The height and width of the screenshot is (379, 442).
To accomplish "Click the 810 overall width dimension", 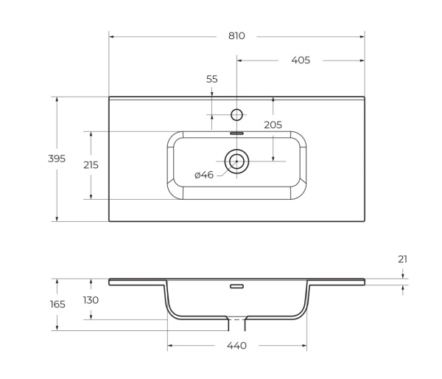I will point(236,35).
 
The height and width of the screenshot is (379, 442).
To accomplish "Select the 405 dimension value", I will point(301,60).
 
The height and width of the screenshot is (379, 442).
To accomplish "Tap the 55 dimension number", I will point(212,79).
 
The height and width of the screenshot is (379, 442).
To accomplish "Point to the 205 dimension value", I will point(273,125).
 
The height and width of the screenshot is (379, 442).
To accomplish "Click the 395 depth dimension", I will point(57,159).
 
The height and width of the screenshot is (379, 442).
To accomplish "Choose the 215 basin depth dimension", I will point(91,165).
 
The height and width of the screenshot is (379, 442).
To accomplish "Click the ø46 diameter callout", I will point(204,175).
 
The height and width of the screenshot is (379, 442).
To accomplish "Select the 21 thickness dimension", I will point(402,260).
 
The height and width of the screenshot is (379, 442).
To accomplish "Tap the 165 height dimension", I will point(57,304).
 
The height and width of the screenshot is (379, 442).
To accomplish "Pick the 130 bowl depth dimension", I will point(91,300).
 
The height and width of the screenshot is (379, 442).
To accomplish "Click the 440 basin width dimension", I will point(236,346).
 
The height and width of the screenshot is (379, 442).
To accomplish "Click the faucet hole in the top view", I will point(236,114).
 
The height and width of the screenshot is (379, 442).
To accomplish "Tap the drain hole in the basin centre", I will point(236,161).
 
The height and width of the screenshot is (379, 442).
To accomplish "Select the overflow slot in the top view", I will point(236,133).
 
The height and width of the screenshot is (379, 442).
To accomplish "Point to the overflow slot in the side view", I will point(236,286).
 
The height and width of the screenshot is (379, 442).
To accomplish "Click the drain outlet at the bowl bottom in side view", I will point(236,324).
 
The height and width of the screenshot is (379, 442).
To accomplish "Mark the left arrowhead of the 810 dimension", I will point(111,35).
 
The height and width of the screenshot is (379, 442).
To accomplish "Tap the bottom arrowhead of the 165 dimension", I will point(57,328).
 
